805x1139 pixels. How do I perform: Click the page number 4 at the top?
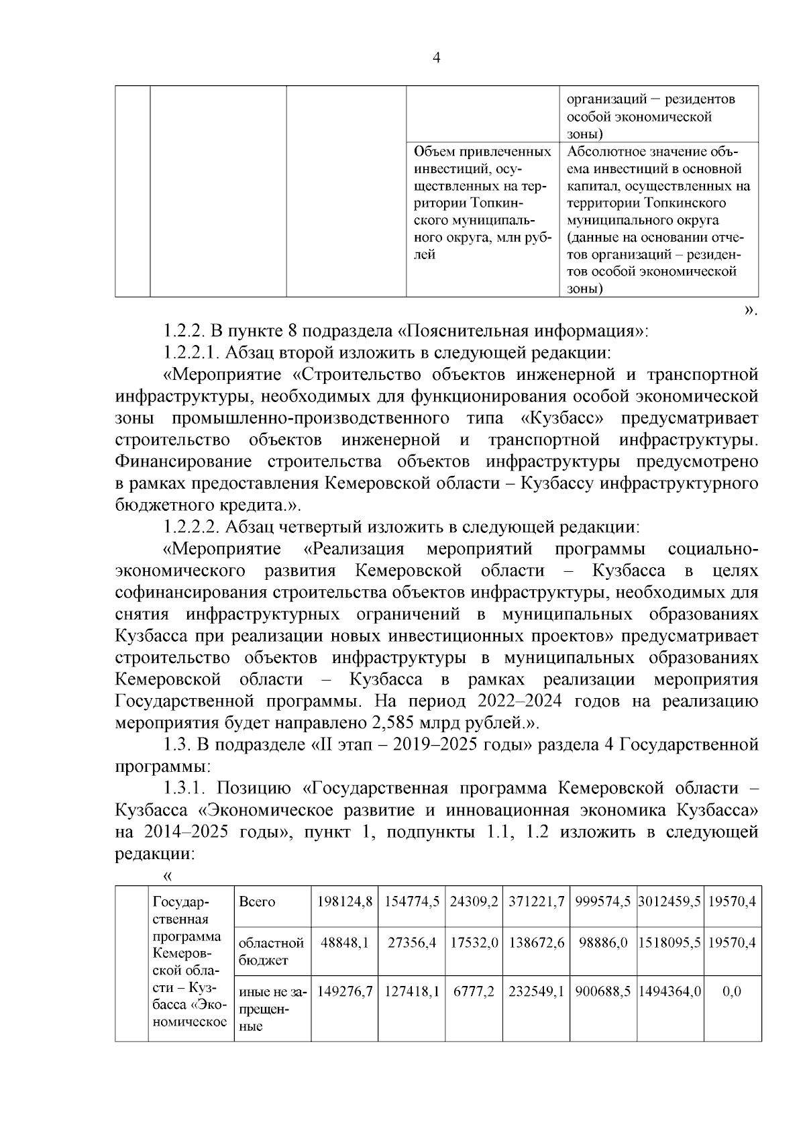tap(437, 58)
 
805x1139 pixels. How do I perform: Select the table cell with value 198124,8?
tap(345, 901)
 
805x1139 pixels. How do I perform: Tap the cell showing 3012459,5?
tap(669, 901)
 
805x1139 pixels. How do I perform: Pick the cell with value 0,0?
tap(733, 991)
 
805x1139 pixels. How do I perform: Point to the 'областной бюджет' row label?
tap(271, 951)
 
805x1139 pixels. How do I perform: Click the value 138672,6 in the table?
tap(537, 942)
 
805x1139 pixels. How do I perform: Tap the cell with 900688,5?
tap(602, 991)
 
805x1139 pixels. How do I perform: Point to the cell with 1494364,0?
tap(669, 991)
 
